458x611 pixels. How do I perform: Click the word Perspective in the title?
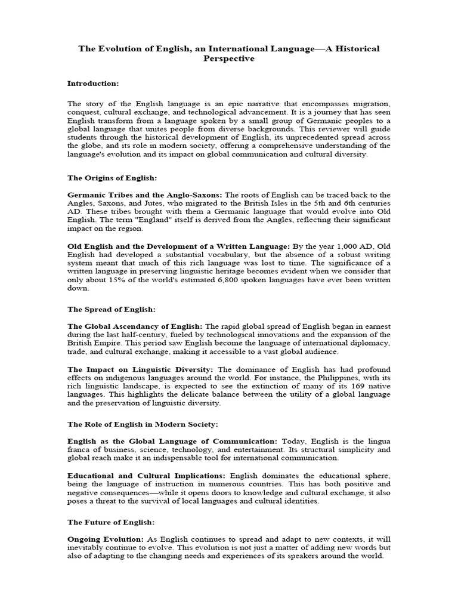pos(229,58)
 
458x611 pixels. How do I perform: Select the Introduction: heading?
pos(93,83)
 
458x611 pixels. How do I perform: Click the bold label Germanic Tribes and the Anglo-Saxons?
pos(144,195)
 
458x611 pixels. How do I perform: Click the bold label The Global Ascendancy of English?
pos(135,326)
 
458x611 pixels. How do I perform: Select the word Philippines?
pos(321,378)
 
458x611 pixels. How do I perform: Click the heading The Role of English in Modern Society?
pos(143,424)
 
